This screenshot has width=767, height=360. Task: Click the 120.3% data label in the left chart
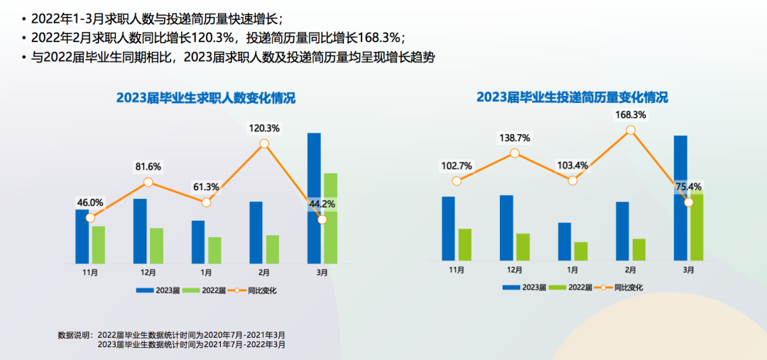point(264,129)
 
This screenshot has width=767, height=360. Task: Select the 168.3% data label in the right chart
point(631,114)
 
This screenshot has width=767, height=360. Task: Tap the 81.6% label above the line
point(148,167)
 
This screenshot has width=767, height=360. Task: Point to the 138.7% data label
point(514,138)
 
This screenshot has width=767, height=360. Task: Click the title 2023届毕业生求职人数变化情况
point(206,99)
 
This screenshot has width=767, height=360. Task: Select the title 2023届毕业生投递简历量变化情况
point(572,97)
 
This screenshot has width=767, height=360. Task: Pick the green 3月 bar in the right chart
point(697,227)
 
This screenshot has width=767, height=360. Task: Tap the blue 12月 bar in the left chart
point(140,231)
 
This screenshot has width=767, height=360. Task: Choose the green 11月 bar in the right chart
point(465,244)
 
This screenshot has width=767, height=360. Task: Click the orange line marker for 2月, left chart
point(264,143)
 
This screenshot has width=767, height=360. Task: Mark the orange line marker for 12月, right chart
point(514,153)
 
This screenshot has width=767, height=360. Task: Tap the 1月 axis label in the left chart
point(206,272)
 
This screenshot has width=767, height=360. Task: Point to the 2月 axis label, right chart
point(631,270)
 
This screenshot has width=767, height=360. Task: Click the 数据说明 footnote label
point(75,334)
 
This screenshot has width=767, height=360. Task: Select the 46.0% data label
point(90,202)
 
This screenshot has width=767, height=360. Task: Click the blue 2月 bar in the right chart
point(623,231)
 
